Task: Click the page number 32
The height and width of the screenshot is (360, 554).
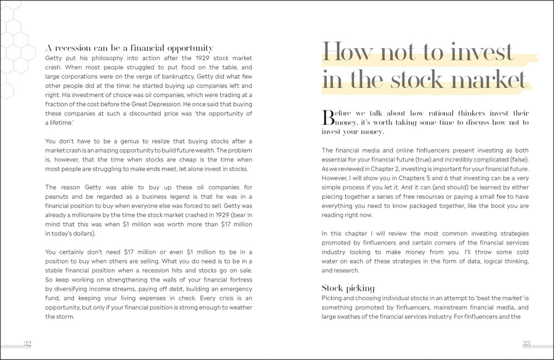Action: tap(28, 343)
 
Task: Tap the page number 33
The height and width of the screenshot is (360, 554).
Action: tap(526, 343)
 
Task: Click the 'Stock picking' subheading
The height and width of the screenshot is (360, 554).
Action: tap(348, 288)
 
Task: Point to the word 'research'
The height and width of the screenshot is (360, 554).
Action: tap(346, 270)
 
